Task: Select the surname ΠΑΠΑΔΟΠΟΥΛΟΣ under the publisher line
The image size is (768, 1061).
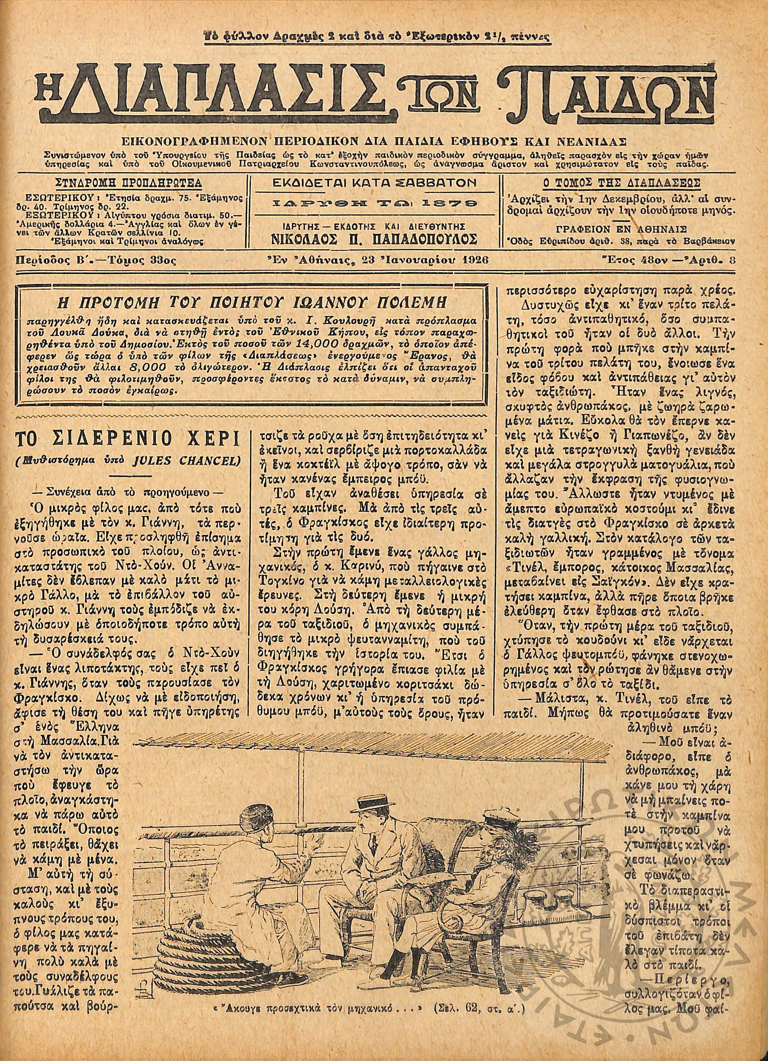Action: click(x=423, y=240)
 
